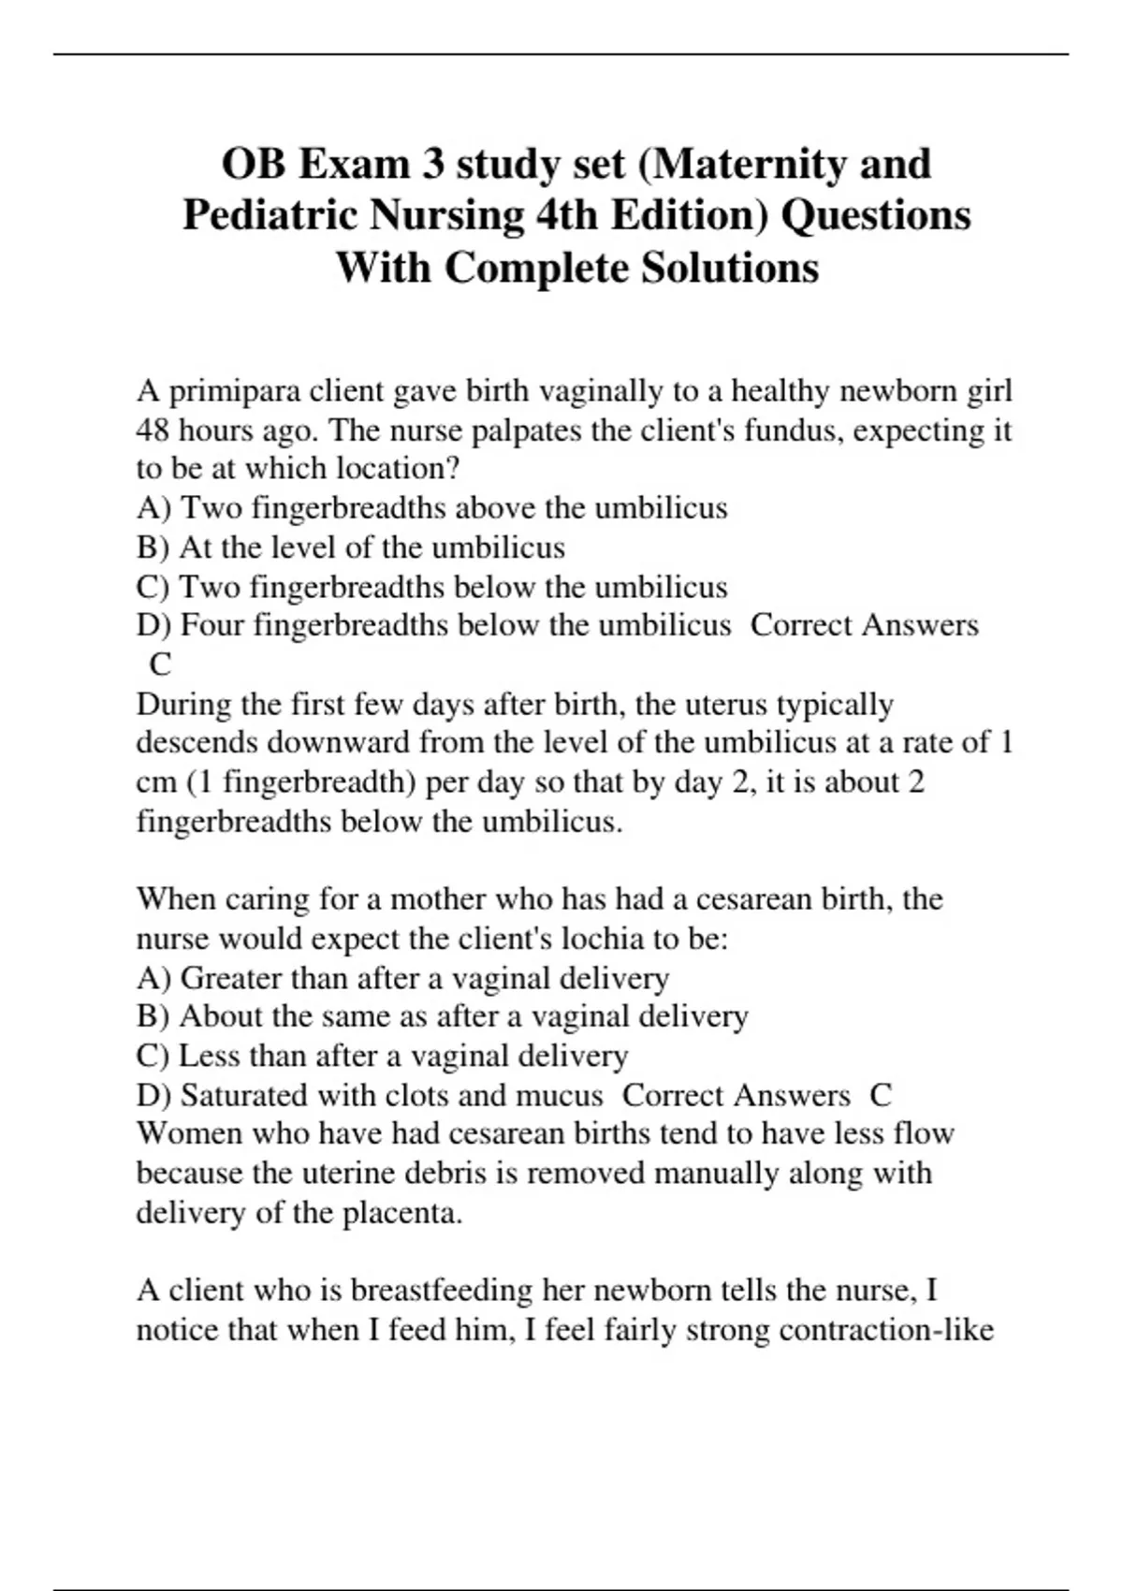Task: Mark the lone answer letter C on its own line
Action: pyautogui.click(x=160, y=664)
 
